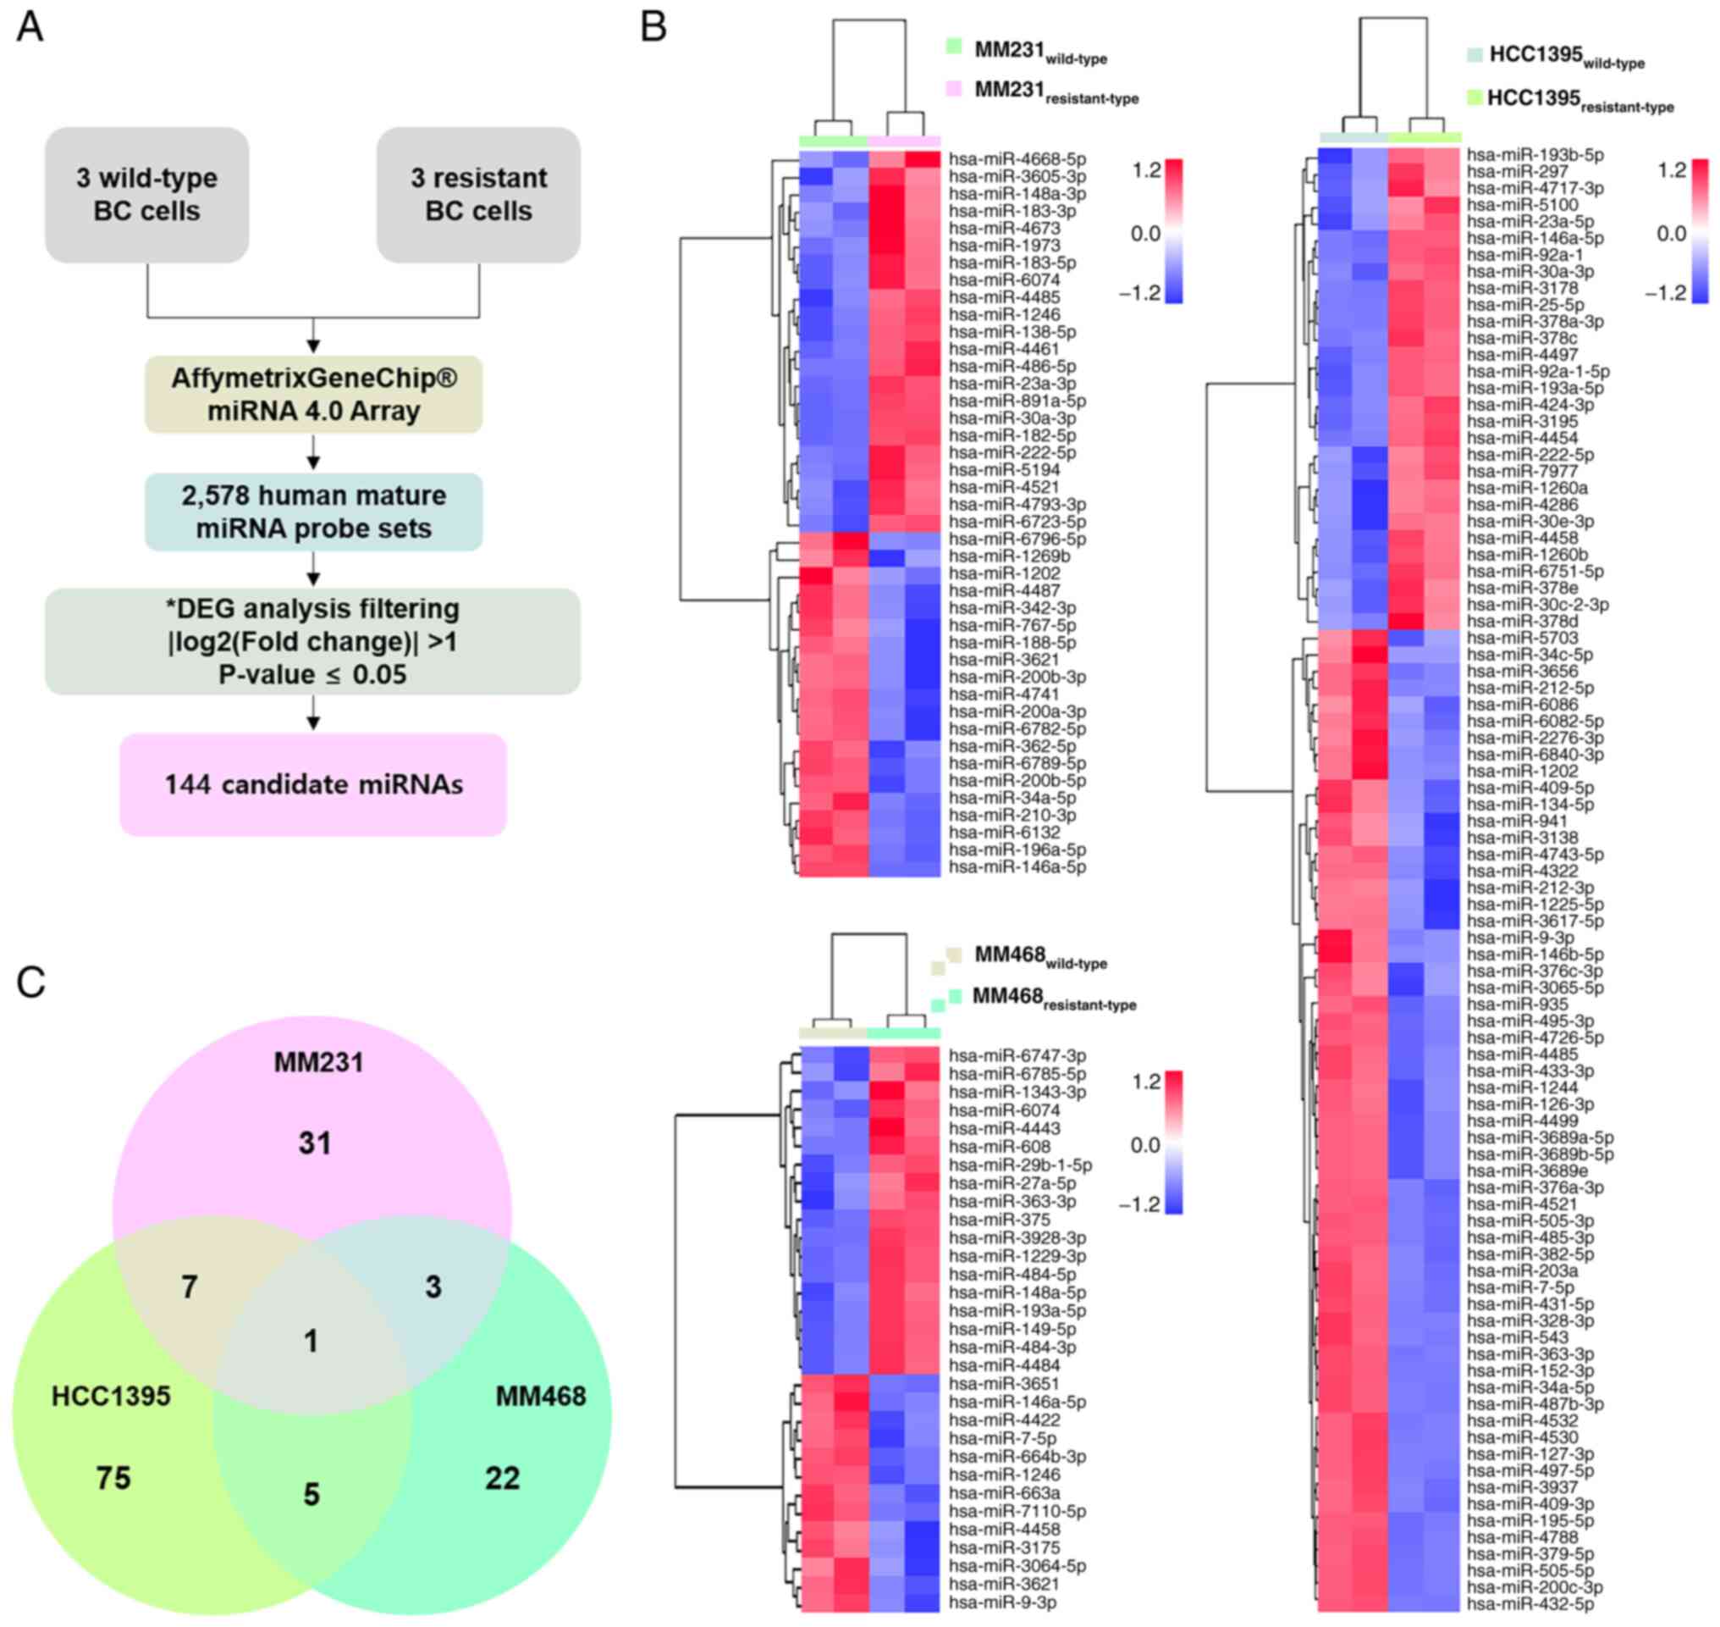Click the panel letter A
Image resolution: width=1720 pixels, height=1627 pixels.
30,27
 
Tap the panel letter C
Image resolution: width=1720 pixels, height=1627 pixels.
31,983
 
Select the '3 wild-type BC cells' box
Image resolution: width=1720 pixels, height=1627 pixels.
146,194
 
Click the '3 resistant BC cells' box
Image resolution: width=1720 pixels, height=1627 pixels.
478,194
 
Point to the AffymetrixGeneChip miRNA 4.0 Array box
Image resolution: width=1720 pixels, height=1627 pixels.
313,395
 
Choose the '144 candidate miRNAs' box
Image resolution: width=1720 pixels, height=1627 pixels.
313,785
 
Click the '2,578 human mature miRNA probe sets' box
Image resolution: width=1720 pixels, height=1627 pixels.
313,512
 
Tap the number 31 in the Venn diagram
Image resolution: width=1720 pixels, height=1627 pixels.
315,1143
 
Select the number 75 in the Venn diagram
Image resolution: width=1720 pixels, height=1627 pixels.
113,1477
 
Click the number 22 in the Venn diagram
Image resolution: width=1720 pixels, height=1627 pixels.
502,1477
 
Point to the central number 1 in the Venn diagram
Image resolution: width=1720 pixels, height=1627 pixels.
311,1342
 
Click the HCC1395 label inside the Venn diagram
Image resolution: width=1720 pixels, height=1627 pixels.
111,1397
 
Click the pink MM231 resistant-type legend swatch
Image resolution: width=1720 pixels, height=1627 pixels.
955,87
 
